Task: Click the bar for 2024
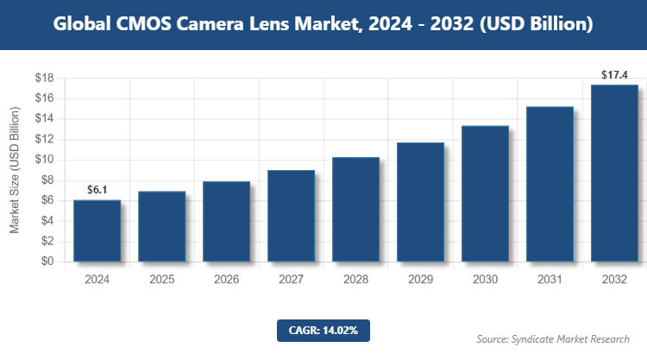click(97, 231)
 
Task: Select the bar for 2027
click(291, 216)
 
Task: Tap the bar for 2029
click(420, 202)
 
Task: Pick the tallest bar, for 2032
click(614, 173)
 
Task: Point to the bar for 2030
click(485, 193)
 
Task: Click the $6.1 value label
click(97, 189)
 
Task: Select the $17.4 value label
click(614, 74)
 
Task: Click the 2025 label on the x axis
click(161, 279)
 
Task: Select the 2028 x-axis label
click(355, 279)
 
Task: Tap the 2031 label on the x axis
click(550, 279)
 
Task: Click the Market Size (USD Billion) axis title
click(15, 170)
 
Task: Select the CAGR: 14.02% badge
click(323, 330)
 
